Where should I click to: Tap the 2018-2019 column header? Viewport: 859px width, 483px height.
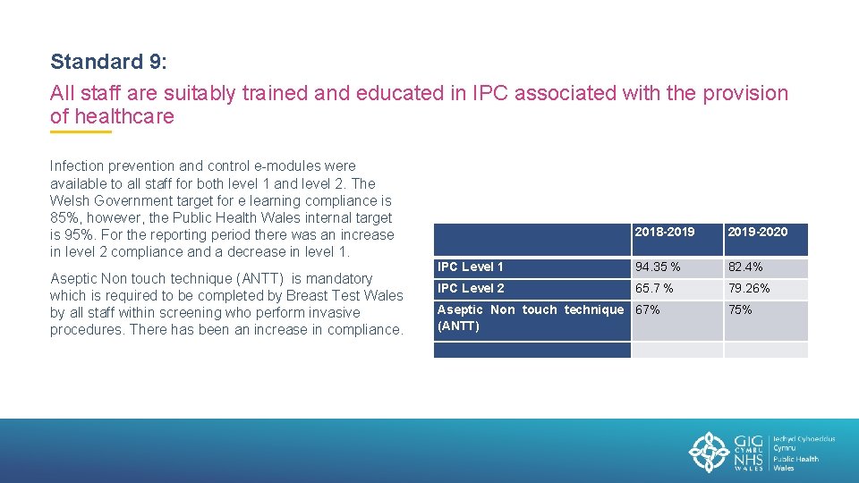[x=664, y=233]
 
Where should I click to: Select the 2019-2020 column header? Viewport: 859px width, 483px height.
[x=757, y=233]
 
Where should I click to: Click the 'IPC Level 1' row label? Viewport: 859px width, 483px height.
[x=471, y=267]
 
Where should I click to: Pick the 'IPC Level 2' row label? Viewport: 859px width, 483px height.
[x=471, y=288]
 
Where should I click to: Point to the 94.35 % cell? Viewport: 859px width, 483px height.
[x=658, y=267]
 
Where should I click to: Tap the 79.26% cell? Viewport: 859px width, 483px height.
[x=749, y=288]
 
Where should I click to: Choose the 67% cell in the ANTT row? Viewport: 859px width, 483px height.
[x=648, y=310]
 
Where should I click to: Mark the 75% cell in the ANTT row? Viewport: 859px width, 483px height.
[x=740, y=310]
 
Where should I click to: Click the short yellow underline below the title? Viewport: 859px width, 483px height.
[x=81, y=132]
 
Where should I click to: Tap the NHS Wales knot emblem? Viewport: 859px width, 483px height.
[x=709, y=452]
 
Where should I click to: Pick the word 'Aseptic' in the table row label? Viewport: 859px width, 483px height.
[x=460, y=309]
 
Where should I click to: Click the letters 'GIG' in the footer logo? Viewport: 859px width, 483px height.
[x=748, y=441]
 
